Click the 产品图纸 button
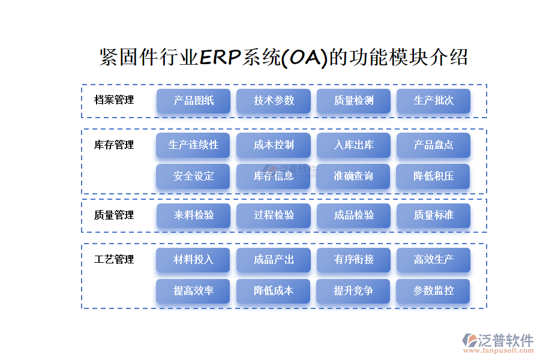coord(193,101)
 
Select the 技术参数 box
coord(274,101)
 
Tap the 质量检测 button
coord(353,101)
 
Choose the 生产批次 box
coord(433,101)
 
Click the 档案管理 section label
coord(114,100)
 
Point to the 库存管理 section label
coord(114,145)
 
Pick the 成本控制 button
coord(274,145)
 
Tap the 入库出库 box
coord(353,145)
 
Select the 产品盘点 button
coord(433,145)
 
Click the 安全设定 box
coord(193,176)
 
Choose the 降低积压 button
coord(433,176)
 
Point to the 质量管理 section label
coord(114,215)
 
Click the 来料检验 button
coord(193,215)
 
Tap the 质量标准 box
coord(433,215)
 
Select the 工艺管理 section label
coord(114,260)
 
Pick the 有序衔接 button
coord(353,260)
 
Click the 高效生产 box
coord(433,260)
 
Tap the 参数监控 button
coord(433,291)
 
